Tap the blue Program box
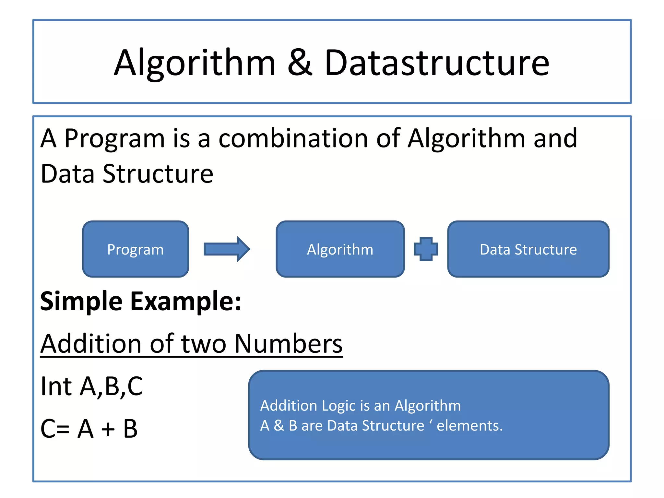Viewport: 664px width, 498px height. pyautogui.click(x=136, y=249)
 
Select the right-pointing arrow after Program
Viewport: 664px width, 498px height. pyautogui.click(x=227, y=249)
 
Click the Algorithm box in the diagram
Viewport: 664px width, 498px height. pyautogui.click(x=340, y=249)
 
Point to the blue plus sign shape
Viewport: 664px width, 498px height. pyautogui.click(x=426, y=249)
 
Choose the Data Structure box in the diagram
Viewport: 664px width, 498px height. pyautogui.click(x=528, y=249)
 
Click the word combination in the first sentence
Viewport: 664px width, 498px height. pyautogui.click(x=293, y=138)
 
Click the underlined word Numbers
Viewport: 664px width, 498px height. pyautogui.click(x=288, y=344)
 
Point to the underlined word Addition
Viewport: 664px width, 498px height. pyautogui.click(x=91, y=344)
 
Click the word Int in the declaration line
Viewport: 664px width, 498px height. pyautogui.click(x=56, y=386)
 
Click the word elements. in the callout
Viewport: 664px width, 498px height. pyautogui.click(x=469, y=425)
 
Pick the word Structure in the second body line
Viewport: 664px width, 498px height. pyautogui.click(x=158, y=174)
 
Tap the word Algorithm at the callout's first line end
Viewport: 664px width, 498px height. pyautogui.click(x=427, y=406)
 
